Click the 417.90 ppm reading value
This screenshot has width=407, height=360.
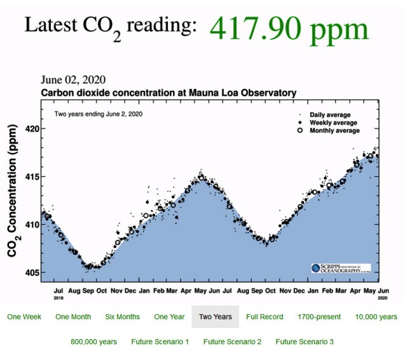[289, 29]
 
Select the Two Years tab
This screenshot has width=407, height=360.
[215, 317]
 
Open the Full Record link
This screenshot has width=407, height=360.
[265, 317]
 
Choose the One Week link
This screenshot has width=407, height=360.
[25, 317]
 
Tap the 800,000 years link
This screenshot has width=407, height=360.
[93, 342]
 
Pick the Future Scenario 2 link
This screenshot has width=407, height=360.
[232, 342]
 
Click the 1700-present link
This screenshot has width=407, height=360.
[319, 317]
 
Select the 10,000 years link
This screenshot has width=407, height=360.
[376, 317]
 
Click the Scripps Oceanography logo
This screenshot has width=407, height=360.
[340, 268]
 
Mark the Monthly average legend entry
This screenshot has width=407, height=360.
[334, 130]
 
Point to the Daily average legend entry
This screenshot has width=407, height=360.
[329, 114]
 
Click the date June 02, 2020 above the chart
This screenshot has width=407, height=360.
[73, 80]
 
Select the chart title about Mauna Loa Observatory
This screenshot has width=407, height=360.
[169, 93]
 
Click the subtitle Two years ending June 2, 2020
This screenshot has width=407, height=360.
[98, 114]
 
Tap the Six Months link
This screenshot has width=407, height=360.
[123, 317]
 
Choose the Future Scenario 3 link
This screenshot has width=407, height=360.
[305, 342]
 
